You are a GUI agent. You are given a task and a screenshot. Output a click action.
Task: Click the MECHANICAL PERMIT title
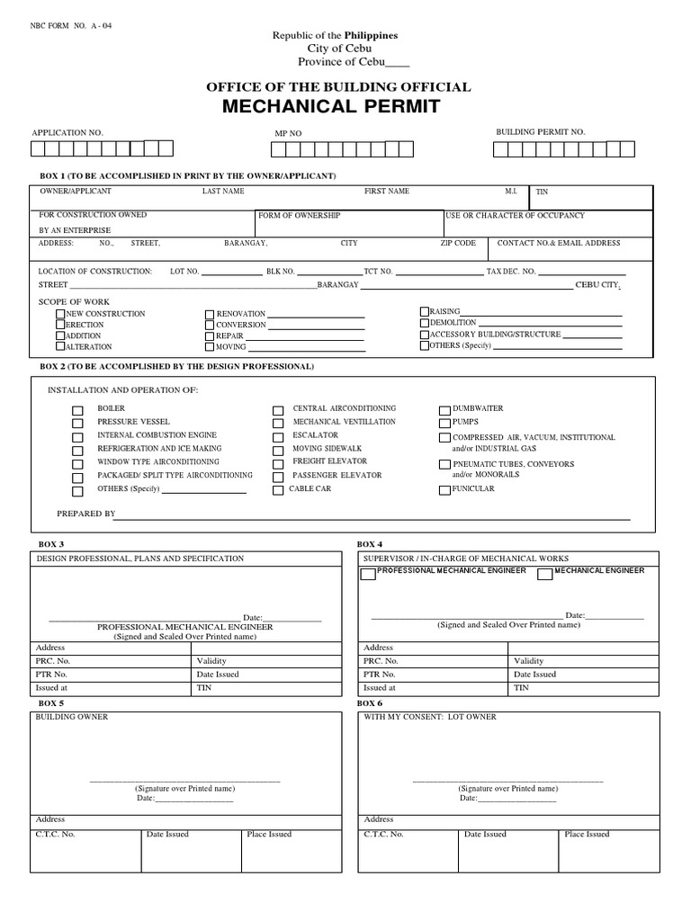pos(337,107)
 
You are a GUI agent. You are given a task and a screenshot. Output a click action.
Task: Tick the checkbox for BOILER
pos(78,409)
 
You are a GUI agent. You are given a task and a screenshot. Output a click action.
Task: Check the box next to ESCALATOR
pos(278,436)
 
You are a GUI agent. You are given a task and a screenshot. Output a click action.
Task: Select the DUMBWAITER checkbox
pos(444,409)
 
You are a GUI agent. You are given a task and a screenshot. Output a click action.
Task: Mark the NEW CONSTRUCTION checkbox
pos(60,314)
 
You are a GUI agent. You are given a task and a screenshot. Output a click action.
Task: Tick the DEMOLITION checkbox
pos(425,322)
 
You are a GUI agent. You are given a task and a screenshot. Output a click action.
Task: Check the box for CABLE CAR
pos(278,490)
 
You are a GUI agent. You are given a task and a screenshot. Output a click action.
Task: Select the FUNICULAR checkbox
pos(444,490)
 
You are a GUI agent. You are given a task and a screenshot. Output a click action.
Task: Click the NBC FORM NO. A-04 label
pos(72,24)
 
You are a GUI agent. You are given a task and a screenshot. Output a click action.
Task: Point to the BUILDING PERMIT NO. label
pos(540,132)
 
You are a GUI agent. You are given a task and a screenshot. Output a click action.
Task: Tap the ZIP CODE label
pos(458,244)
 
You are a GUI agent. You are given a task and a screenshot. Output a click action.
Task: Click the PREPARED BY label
pos(86,514)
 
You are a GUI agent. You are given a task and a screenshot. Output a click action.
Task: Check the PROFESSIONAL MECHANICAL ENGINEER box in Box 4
pos(368,575)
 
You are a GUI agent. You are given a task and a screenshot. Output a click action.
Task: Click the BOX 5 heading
pos(51,702)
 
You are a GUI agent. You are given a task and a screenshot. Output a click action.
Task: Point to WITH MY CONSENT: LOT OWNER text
pos(429,717)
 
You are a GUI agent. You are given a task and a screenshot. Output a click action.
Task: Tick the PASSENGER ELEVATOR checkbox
pos(278,476)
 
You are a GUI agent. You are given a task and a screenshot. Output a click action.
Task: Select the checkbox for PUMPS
pos(444,423)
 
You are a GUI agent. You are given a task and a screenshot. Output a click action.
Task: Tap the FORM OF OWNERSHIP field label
pos(300,217)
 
